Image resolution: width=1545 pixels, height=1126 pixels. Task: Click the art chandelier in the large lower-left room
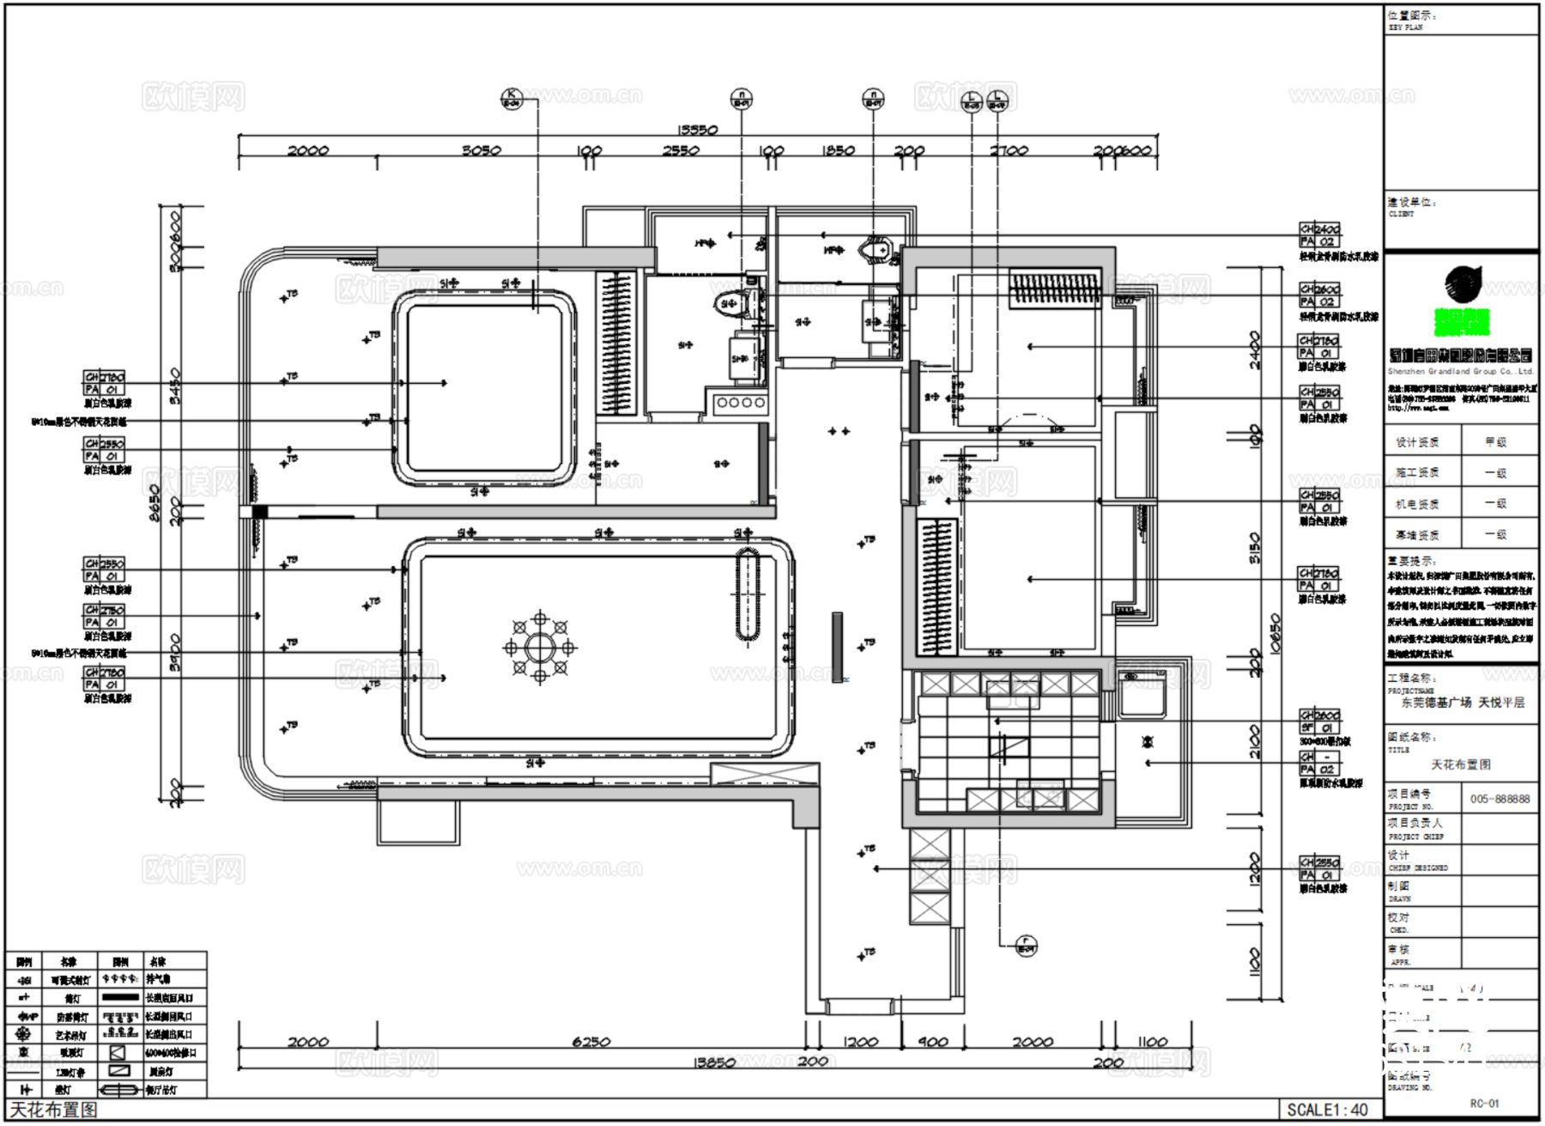539,647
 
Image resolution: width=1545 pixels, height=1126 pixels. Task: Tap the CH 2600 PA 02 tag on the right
1319,295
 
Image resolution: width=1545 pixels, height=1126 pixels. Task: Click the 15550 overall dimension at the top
697,130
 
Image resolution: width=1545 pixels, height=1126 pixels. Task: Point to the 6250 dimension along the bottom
591,1042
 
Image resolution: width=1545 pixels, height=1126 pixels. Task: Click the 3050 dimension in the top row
481,150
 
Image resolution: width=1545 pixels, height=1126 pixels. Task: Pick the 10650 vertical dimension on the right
1275,633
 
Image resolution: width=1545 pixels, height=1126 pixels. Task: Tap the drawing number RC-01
1484,1104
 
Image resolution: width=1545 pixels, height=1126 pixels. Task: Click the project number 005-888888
1500,799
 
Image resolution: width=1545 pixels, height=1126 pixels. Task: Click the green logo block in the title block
1462,321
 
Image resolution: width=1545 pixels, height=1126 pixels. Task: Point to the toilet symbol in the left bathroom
731,302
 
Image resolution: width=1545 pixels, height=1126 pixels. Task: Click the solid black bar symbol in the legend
120,998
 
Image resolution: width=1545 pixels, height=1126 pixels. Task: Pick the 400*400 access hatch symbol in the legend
118,1052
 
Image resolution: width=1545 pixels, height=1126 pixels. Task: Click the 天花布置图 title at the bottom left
53,1110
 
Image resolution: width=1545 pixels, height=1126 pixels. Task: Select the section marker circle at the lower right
1026,945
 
